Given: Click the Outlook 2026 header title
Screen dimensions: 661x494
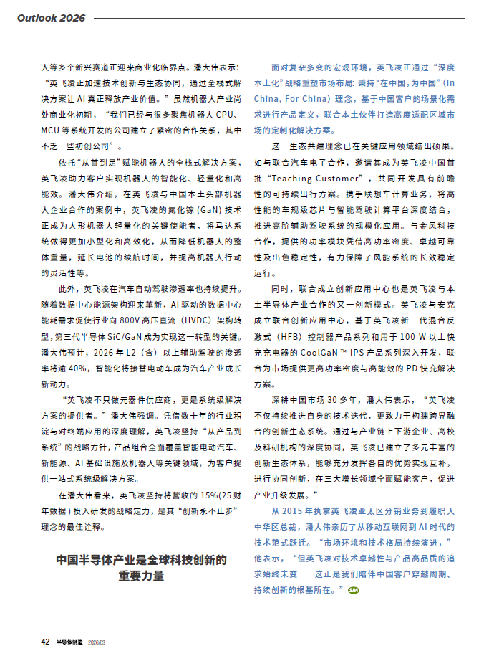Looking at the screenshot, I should point(51,17).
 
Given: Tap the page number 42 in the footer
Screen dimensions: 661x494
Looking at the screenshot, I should point(44,642).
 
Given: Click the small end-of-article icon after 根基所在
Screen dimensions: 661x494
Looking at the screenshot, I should point(352,590).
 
